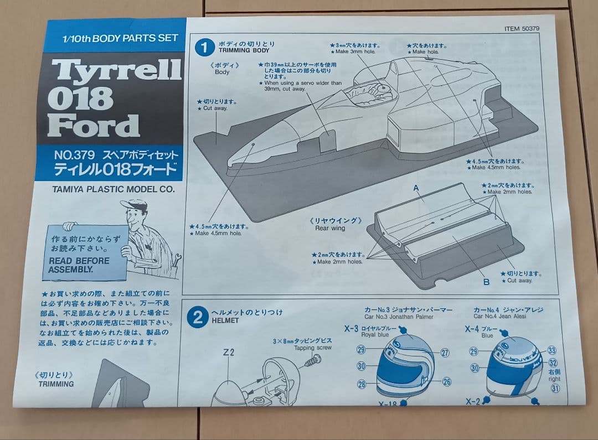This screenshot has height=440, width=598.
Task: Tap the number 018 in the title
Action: coord(81,99)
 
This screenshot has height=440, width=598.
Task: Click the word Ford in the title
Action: coord(93,125)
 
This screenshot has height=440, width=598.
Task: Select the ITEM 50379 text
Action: coord(522,29)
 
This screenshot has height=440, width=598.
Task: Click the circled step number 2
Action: coord(197,317)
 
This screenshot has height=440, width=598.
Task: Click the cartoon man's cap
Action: coord(135,205)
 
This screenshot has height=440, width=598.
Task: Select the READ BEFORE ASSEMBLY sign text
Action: coord(79,265)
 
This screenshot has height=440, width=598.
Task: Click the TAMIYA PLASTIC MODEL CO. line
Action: coord(114,189)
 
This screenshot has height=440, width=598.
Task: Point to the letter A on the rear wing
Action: coord(416,188)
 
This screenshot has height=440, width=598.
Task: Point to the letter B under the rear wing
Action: coord(486,282)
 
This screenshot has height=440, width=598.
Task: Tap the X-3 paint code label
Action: coord(351,328)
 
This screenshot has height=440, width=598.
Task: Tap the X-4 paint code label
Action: coord(472,329)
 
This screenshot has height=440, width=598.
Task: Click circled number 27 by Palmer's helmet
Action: coord(445,353)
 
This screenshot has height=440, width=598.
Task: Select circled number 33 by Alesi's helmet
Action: coord(551,350)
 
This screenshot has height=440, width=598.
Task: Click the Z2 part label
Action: coord(229,352)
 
